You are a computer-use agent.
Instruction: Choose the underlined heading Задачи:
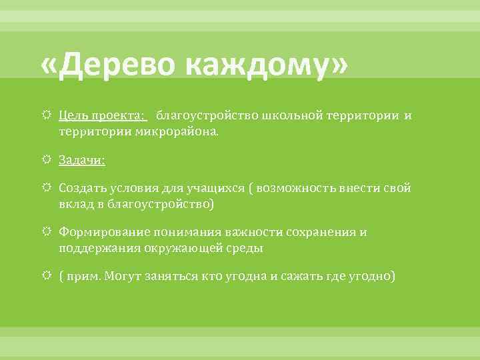pos(82,160)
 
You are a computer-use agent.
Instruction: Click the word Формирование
pos(97,232)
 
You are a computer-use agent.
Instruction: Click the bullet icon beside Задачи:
pos(47,160)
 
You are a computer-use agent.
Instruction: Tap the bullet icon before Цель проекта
pos(47,116)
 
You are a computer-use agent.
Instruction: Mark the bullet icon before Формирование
pos(47,232)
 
